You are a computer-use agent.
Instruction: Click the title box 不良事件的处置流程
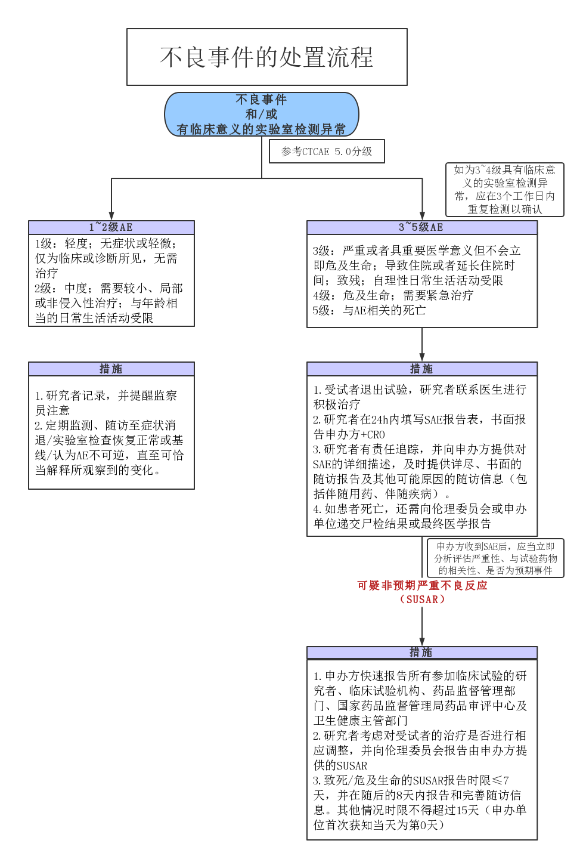266,57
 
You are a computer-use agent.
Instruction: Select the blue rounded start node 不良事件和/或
261,114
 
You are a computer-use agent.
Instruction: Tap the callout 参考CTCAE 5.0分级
327,152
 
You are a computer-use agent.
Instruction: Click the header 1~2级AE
111,227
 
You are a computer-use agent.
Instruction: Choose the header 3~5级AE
421,227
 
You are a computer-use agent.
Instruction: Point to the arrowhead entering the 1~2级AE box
111,216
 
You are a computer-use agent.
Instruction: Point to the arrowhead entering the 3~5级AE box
422,216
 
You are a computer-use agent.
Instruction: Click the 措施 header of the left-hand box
111,369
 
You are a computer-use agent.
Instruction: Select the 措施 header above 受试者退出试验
421,369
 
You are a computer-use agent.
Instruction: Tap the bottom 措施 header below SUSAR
421,653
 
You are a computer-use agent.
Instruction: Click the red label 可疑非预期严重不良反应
422,586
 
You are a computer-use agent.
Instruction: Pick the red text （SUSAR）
422,600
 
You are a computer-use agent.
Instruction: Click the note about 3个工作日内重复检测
504,190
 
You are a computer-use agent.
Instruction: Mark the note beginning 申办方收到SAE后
495,558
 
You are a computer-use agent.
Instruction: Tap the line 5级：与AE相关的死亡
370,311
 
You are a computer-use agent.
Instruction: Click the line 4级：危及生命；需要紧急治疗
393,296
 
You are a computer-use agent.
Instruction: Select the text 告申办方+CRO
349,435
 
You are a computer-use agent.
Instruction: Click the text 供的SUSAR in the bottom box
340,766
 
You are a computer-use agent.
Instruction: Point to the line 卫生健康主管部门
361,721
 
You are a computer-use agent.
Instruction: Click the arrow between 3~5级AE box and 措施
422,345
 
